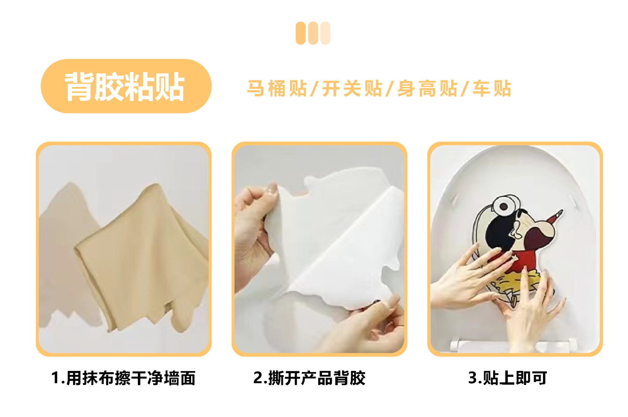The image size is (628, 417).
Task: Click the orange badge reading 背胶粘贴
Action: click(126, 86)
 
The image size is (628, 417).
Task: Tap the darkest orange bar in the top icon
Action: click(300, 33)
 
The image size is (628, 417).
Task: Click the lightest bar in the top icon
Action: click(325, 33)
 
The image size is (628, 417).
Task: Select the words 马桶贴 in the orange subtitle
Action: click(277, 89)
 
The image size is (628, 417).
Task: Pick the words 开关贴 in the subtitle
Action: click(352, 89)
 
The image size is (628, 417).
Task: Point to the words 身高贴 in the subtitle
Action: click(427, 89)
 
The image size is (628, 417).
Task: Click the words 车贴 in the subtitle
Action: click(492, 89)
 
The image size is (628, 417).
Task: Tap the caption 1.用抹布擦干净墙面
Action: click(123, 378)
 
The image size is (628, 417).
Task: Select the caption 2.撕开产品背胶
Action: click(309, 378)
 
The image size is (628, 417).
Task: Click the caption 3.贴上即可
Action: click(508, 378)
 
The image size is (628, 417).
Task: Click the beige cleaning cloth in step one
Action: click(141, 258)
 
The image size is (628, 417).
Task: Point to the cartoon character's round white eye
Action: click(504, 206)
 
